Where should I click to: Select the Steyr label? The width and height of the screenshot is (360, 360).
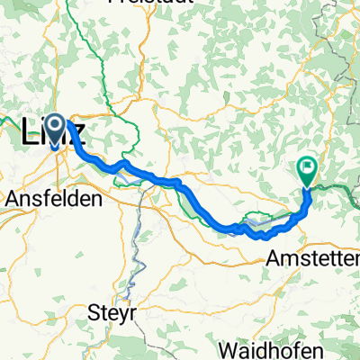[113, 315]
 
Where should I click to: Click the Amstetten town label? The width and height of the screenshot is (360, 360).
[313, 258]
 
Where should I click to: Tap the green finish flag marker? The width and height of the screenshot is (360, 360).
[308, 168]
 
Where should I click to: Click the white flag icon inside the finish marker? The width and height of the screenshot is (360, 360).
[308, 165]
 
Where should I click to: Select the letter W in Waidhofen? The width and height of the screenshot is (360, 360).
[229, 348]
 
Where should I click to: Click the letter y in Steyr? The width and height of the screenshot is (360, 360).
[121, 317]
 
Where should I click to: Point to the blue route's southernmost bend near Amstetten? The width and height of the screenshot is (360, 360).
[262, 236]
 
